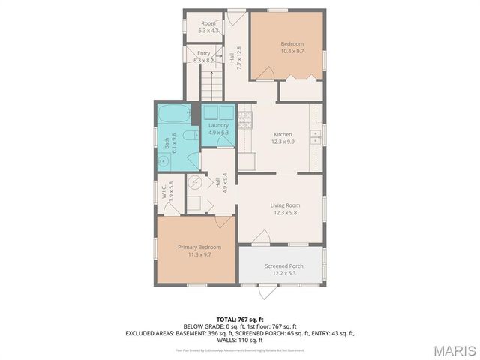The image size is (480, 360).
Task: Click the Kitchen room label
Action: tap(282, 134)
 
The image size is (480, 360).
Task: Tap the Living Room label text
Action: tap(285, 205)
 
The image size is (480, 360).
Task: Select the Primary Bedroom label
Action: tap(199, 247)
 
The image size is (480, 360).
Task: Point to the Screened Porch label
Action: tap(283, 266)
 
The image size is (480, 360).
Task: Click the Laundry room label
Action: tap(218, 125)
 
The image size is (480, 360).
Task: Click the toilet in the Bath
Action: tap(191, 136)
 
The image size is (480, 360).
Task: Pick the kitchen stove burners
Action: tap(244, 118)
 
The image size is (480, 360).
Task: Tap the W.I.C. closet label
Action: tap(171, 193)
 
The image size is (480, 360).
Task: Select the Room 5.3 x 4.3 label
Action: tap(208, 27)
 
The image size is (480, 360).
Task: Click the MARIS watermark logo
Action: tap(454, 350)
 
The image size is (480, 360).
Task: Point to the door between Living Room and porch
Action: tap(260, 238)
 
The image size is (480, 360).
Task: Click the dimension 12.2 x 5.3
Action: tap(283, 273)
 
